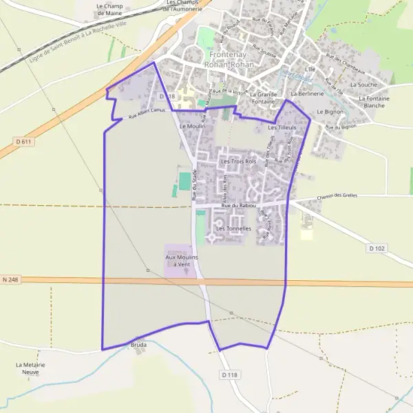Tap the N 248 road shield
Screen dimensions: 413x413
[x=10, y=279]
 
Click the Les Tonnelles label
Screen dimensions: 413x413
[x=233, y=228]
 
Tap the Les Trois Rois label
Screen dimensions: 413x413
[x=238, y=161]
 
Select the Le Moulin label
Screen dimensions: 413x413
[x=192, y=127]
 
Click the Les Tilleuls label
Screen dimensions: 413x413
[x=282, y=128]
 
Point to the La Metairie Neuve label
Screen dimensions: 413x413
[x=30, y=368]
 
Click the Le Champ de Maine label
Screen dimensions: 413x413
[x=109, y=9]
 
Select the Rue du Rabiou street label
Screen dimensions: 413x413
[x=239, y=206]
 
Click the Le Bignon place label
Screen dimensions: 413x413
[x=330, y=111]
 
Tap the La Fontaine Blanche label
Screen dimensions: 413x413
[x=374, y=102]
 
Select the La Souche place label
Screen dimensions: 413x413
[x=363, y=85]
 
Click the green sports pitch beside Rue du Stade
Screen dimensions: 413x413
[x=184, y=182]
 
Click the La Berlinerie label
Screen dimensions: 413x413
[x=308, y=93]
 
